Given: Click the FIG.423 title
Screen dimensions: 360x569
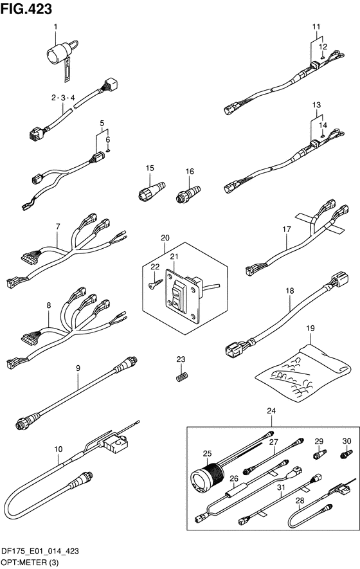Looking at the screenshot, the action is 26,9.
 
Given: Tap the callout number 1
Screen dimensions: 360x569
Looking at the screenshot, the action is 55,26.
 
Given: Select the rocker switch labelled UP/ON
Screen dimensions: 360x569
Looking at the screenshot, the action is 177,296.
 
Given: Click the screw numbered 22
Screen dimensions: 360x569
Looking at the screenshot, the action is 154,283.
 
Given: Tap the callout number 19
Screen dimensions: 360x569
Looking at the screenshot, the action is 310,329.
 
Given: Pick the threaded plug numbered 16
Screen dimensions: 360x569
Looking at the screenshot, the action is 188,194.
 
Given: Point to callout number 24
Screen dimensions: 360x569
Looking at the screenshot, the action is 271,411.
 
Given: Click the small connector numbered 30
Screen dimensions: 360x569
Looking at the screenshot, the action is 346,454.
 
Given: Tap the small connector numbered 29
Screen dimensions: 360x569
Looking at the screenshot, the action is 319,454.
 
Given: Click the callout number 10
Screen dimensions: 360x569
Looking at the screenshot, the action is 58,449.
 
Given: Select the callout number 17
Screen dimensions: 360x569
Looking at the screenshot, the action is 286,230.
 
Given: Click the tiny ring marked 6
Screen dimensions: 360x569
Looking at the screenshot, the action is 108,150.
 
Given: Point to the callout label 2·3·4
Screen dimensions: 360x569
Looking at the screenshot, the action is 63,98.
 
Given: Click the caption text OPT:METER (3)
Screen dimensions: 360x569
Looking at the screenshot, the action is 30,563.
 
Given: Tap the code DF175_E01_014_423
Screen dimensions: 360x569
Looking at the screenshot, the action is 40,552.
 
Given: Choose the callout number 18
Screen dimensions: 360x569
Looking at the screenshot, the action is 289,291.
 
